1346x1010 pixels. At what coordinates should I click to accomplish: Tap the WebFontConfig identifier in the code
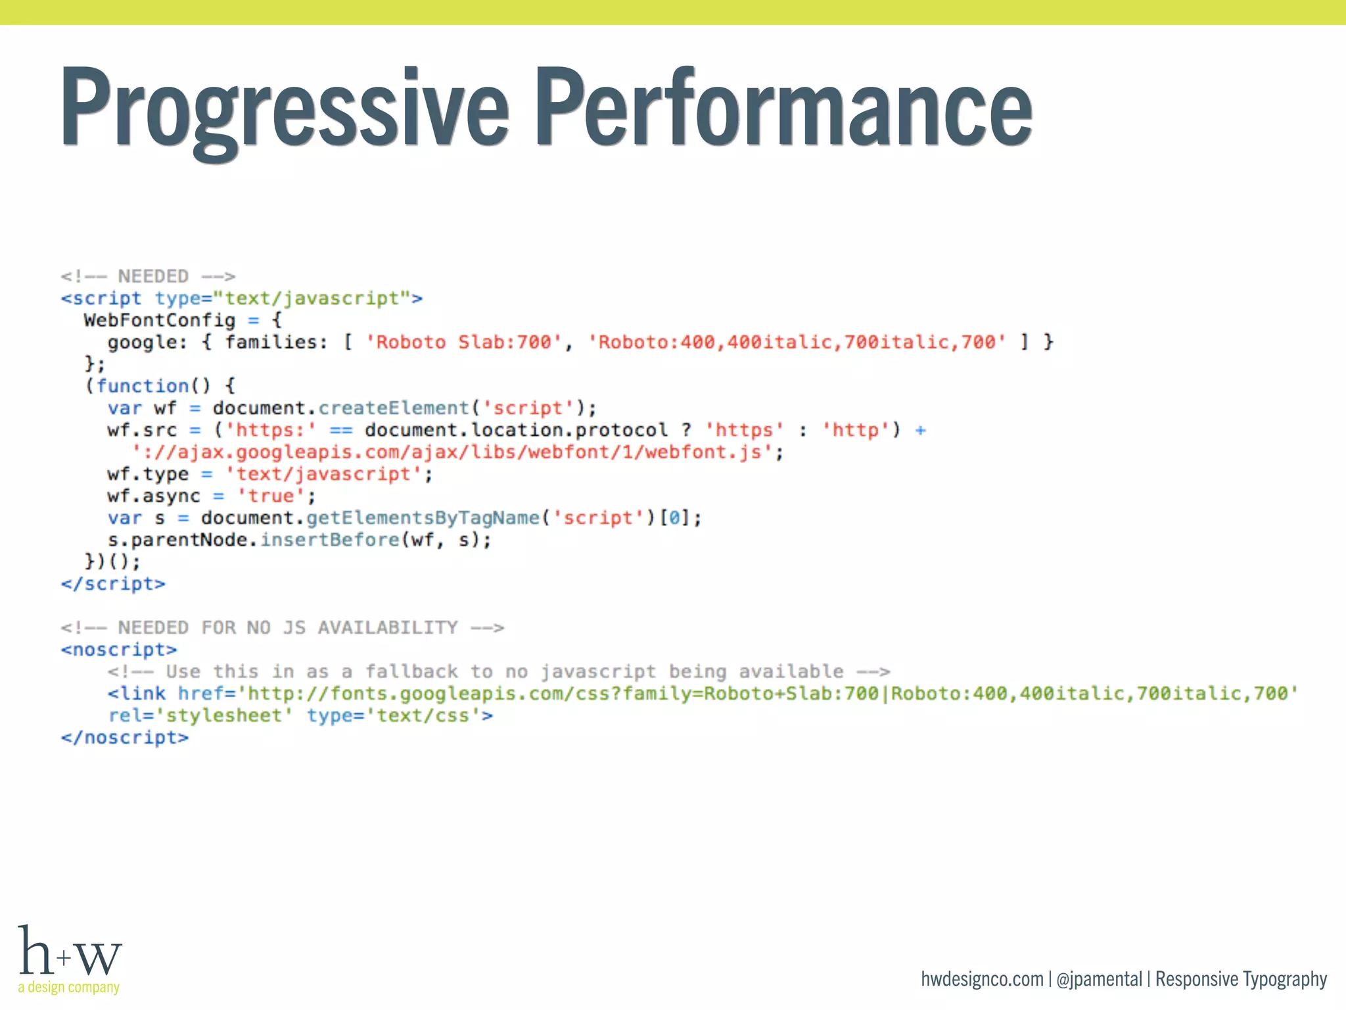click(x=159, y=320)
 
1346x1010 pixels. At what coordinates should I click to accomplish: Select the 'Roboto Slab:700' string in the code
click(x=463, y=342)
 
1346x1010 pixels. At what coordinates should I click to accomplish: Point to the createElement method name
click(x=394, y=408)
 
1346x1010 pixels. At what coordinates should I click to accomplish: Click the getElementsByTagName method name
click(x=423, y=517)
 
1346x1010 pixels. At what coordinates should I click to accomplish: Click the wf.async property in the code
click(x=153, y=496)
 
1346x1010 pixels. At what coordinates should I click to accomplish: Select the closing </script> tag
click(x=113, y=584)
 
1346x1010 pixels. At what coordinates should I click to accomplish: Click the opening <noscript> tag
click(x=119, y=650)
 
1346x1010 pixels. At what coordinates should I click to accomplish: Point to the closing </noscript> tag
click(x=125, y=738)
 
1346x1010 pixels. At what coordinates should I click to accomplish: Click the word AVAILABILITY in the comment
click(x=388, y=627)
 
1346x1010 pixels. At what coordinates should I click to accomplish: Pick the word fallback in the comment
click(x=411, y=671)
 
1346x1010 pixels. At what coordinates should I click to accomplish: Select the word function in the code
click(x=143, y=386)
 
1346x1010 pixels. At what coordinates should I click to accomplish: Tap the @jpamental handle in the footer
click(x=1099, y=979)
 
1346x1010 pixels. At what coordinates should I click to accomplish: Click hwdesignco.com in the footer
click(x=982, y=979)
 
